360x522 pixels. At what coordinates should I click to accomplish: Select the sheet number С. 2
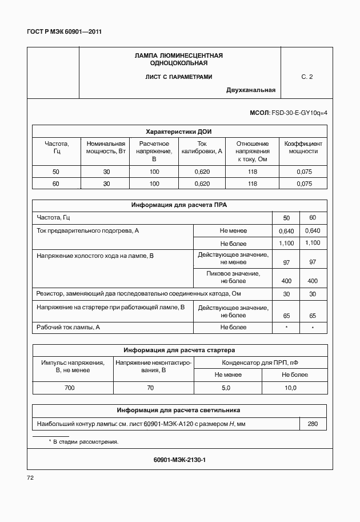(x=307, y=76)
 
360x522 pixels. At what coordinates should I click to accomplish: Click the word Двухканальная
(x=250, y=90)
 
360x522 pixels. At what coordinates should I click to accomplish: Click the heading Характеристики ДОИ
(x=179, y=131)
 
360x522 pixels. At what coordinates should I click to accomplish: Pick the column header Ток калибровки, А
(x=202, y=148)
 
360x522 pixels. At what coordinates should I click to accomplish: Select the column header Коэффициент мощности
(x=303, y=148)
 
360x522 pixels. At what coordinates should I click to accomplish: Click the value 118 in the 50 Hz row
(x=252, y=172)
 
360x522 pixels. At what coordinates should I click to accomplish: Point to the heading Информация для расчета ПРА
(x=179, y=205)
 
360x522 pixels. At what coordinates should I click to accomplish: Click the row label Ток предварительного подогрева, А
(x=87, y=230)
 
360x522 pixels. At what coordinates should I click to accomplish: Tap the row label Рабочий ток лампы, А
(x=68, y=327)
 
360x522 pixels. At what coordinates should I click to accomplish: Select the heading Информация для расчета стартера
(x=179, y=350)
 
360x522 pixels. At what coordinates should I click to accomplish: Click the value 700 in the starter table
(x=69, y=388)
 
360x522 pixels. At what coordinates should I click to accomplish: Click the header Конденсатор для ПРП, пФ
(x=260, y=362)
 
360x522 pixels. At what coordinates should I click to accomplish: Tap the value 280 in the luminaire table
(x=313, y=424)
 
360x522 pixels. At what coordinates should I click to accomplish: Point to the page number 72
(x=31, y=478)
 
